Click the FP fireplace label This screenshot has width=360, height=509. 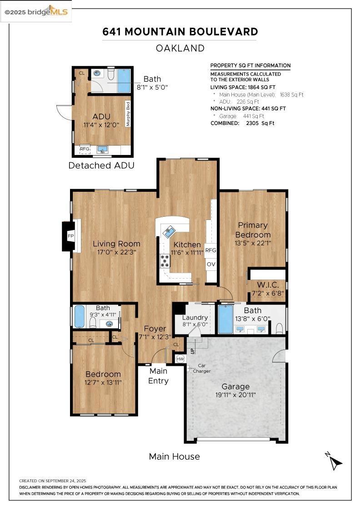pyautogui.click(x=70, y=236)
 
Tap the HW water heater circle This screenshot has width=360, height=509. pyautogui.click(x=180, y=359)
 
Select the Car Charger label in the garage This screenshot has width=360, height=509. pyautogui.click(x=201, y=368)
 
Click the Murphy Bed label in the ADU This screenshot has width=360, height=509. pyautogui.click(x=128, y=114)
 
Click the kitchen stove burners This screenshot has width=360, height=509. pyautogui.click(x=165, y=261)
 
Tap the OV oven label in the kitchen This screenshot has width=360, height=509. pyautogui.click(x=211, y=264)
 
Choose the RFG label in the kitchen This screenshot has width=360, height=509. pyautogui.click(x=210, y=250)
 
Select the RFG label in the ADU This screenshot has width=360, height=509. pyautogui.click(x=85, y=149)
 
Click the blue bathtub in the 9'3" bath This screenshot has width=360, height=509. pyautogui.click(x=80, y=316)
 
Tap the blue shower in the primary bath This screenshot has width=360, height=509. pyautogui.click(x=225, y=319)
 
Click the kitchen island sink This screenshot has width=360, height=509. pyautogui.click(x=169, y=232)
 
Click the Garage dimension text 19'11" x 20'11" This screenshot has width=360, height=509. pyautogui.click(x=235, y=395)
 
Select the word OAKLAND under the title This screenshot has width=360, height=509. pyautogui.click(x=180, y=48)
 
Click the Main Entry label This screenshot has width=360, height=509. pyautogui.click(x=158, y=375)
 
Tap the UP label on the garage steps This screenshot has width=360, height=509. pyautogui.click(x=192, y=350)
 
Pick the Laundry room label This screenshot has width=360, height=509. pyautogui.click(x=195, y=318)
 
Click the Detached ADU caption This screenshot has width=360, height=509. pyautogui.click(x=101, y=165)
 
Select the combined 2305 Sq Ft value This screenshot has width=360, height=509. pyautogui.click(x=260, y=123)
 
